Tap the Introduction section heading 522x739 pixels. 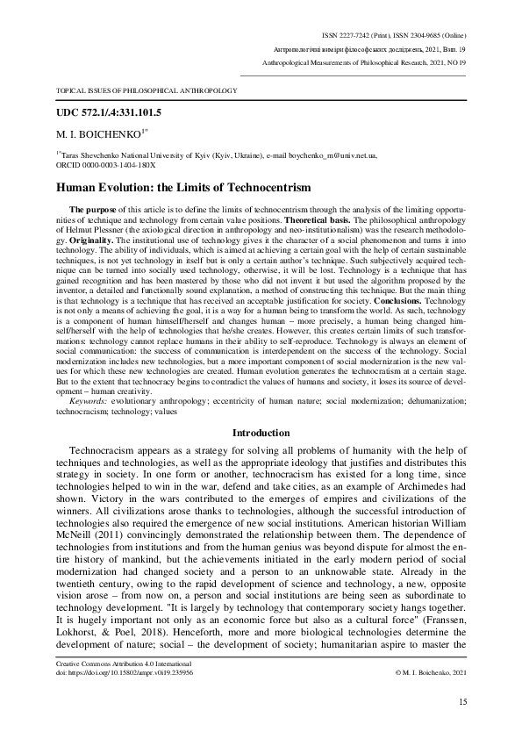point(261,434)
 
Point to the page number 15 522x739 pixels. point(462,702)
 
